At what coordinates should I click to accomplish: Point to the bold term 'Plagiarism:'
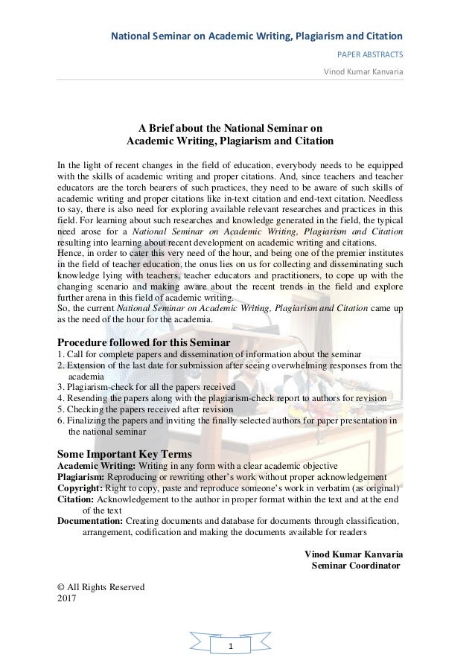(x=82, y=477)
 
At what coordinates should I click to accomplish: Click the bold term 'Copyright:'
(x=81, y=488)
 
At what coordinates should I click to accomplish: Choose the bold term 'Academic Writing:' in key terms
(x=95, y=466)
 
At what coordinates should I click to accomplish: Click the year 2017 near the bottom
(x=67, y=598)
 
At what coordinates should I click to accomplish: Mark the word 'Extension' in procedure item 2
(x=86, y=365)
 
